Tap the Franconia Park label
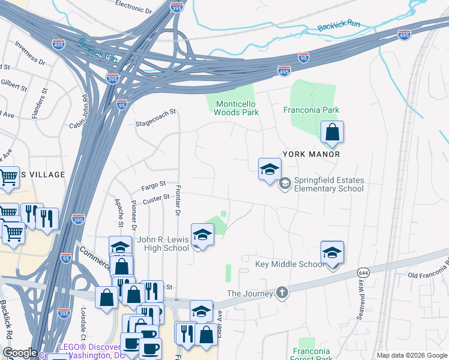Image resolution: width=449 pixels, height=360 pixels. pos(311,110)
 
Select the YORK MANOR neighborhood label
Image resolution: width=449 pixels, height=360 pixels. pos(311,154)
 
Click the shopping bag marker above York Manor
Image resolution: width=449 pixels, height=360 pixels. pos(332,133)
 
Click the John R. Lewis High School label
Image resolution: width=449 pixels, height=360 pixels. pos(163,244)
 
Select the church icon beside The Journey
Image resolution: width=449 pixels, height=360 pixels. pos(282,293)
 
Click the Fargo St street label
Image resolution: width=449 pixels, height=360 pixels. pos(153,187)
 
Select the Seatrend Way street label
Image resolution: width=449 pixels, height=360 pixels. pos(364,304)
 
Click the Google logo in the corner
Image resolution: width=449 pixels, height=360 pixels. pos(20,353)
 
